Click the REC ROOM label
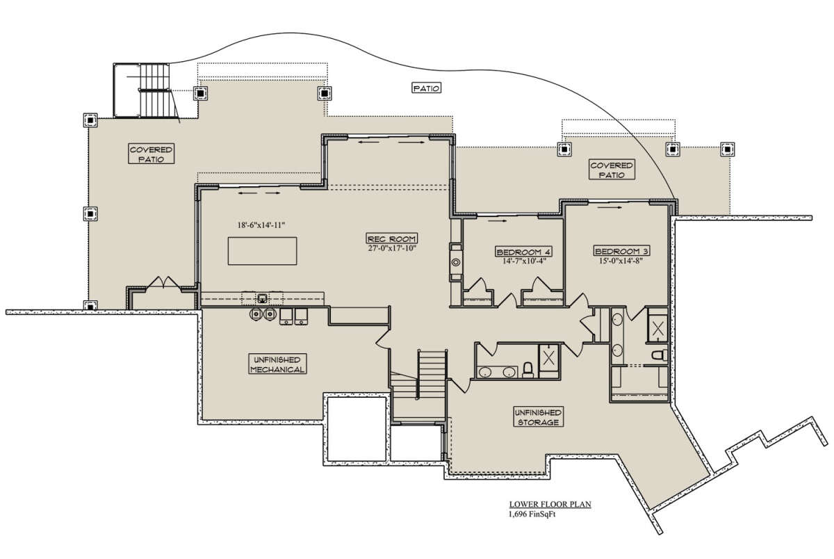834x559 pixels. [392, 238]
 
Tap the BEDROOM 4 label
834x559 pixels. [524, 252]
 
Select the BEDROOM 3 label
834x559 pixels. [621, 251]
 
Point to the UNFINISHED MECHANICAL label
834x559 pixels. [277, 364]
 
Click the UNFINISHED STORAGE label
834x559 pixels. [539, 417]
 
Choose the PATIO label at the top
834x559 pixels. [427, 88]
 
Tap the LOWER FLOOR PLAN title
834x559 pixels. [550, 505]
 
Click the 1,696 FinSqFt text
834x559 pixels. [532, 515]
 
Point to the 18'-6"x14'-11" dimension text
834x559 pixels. [261, 225]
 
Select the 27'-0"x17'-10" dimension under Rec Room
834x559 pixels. [392, 248]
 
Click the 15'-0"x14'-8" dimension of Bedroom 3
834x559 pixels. [621, 261]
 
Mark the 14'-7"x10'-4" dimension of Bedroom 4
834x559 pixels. [524, 261]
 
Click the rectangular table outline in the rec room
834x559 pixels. [263, 251]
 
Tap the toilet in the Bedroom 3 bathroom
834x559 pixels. [660, 355]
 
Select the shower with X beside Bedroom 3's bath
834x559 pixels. [658, 328]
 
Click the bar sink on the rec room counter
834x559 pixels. [263, 298]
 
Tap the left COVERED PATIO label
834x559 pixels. [152, 154]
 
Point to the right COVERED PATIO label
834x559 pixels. [612, 170]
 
